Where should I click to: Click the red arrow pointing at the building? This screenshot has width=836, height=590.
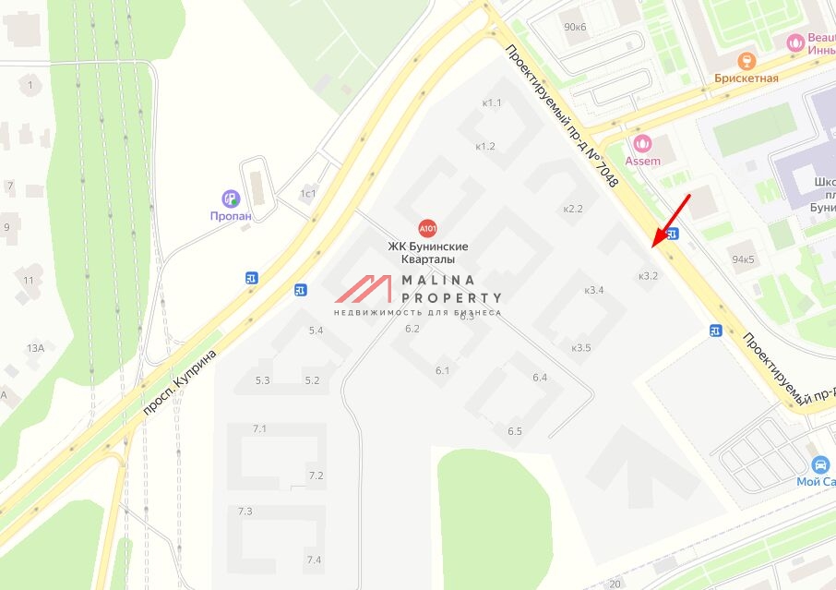(670, 220)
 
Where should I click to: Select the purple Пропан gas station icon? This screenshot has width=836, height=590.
(230, 198)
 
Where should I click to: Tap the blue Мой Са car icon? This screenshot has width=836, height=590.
(819, 464)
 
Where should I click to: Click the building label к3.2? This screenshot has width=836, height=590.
(648, 275)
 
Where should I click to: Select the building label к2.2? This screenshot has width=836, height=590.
(573, 209)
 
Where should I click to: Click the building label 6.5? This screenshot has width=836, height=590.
(514, 431)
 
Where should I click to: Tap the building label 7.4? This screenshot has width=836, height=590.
(314, 560)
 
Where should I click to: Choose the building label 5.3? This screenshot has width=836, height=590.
(262, 380)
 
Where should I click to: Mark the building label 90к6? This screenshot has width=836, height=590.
(575, 27)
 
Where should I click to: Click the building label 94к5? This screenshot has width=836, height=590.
(742, 259)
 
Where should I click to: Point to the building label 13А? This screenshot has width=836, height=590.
(35, 348)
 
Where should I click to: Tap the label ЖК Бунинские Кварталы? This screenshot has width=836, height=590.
(427, 253)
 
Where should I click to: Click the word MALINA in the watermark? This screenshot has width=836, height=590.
(437, 281)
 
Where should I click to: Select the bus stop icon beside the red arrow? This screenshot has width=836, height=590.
(673, 235)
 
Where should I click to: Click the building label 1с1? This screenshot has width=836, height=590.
(307, 193)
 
